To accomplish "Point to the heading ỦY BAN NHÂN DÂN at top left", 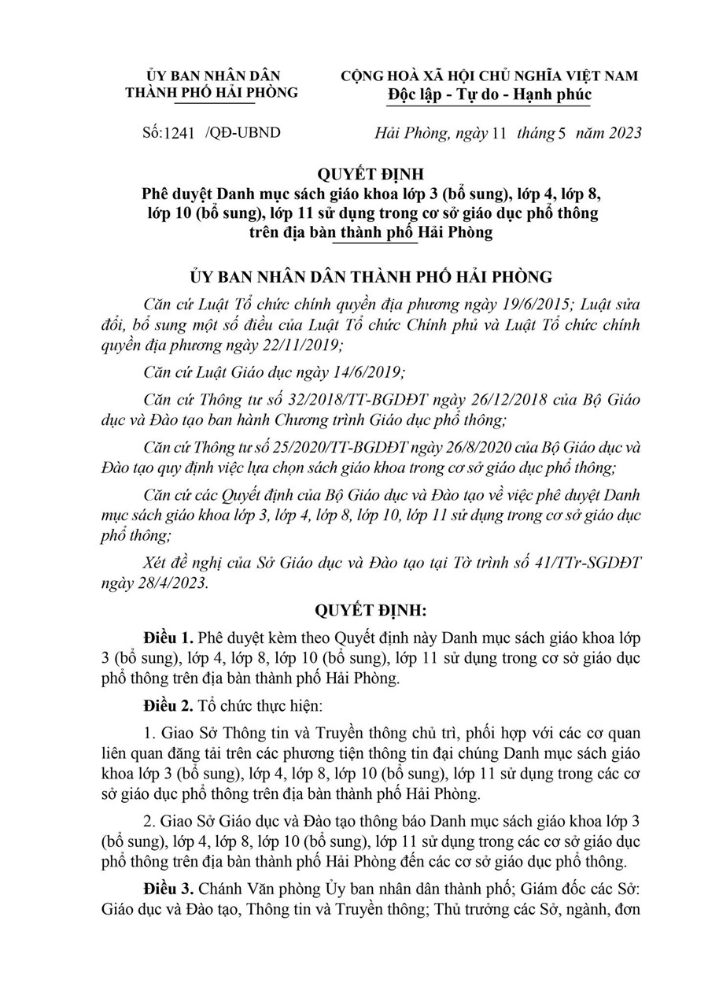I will [212, 76].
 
